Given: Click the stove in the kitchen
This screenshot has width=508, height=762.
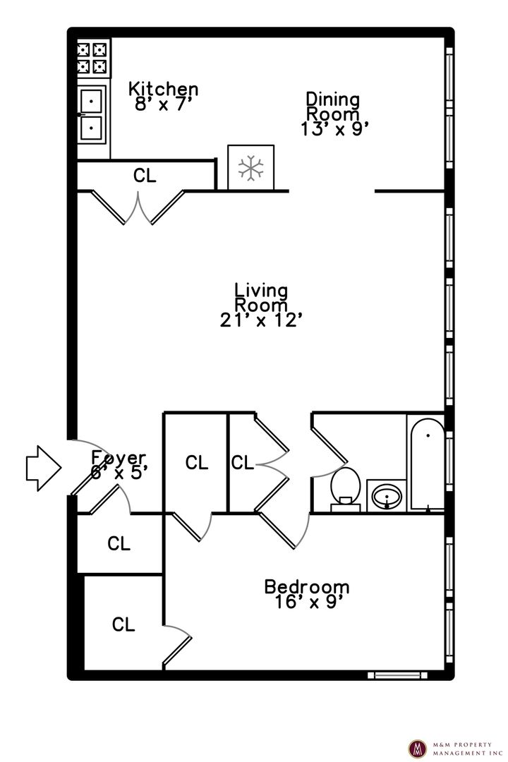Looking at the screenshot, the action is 92,57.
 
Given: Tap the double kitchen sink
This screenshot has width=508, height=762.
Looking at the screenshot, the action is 92,115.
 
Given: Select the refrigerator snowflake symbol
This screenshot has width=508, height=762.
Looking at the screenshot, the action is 251,168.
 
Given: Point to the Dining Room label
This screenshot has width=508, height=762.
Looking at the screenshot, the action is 333,107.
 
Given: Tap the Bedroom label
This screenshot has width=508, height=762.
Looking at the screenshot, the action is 307,586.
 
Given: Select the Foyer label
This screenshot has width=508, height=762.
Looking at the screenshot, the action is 119,458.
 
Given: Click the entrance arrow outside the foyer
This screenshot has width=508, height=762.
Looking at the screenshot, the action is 44,468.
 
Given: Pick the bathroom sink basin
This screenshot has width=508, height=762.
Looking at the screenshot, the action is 387,497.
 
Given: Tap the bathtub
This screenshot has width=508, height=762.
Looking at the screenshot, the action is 427,463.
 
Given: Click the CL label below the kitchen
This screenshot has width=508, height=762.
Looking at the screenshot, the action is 145,176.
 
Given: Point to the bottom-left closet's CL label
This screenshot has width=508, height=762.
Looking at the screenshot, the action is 123,624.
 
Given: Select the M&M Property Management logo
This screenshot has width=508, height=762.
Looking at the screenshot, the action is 416,749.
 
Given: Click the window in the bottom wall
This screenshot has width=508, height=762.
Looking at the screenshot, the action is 398,675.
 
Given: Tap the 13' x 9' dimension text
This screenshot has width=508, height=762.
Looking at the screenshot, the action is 334,129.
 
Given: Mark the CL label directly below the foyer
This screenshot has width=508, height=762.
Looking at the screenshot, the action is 119,543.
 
